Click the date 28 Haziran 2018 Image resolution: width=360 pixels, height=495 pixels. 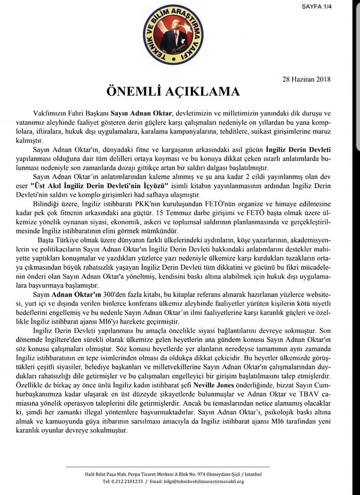tap(306, 79)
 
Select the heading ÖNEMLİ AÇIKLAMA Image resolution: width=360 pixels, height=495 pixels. tap(180, 92)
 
